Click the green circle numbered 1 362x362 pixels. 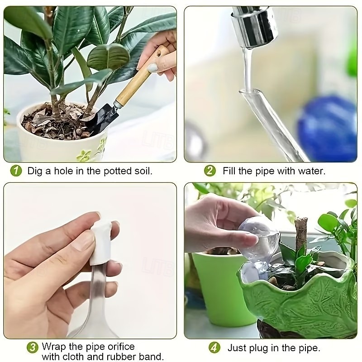coord(16,171)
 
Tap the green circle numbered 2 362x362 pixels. coord(210,171)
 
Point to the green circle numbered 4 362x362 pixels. coord(214,348)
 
